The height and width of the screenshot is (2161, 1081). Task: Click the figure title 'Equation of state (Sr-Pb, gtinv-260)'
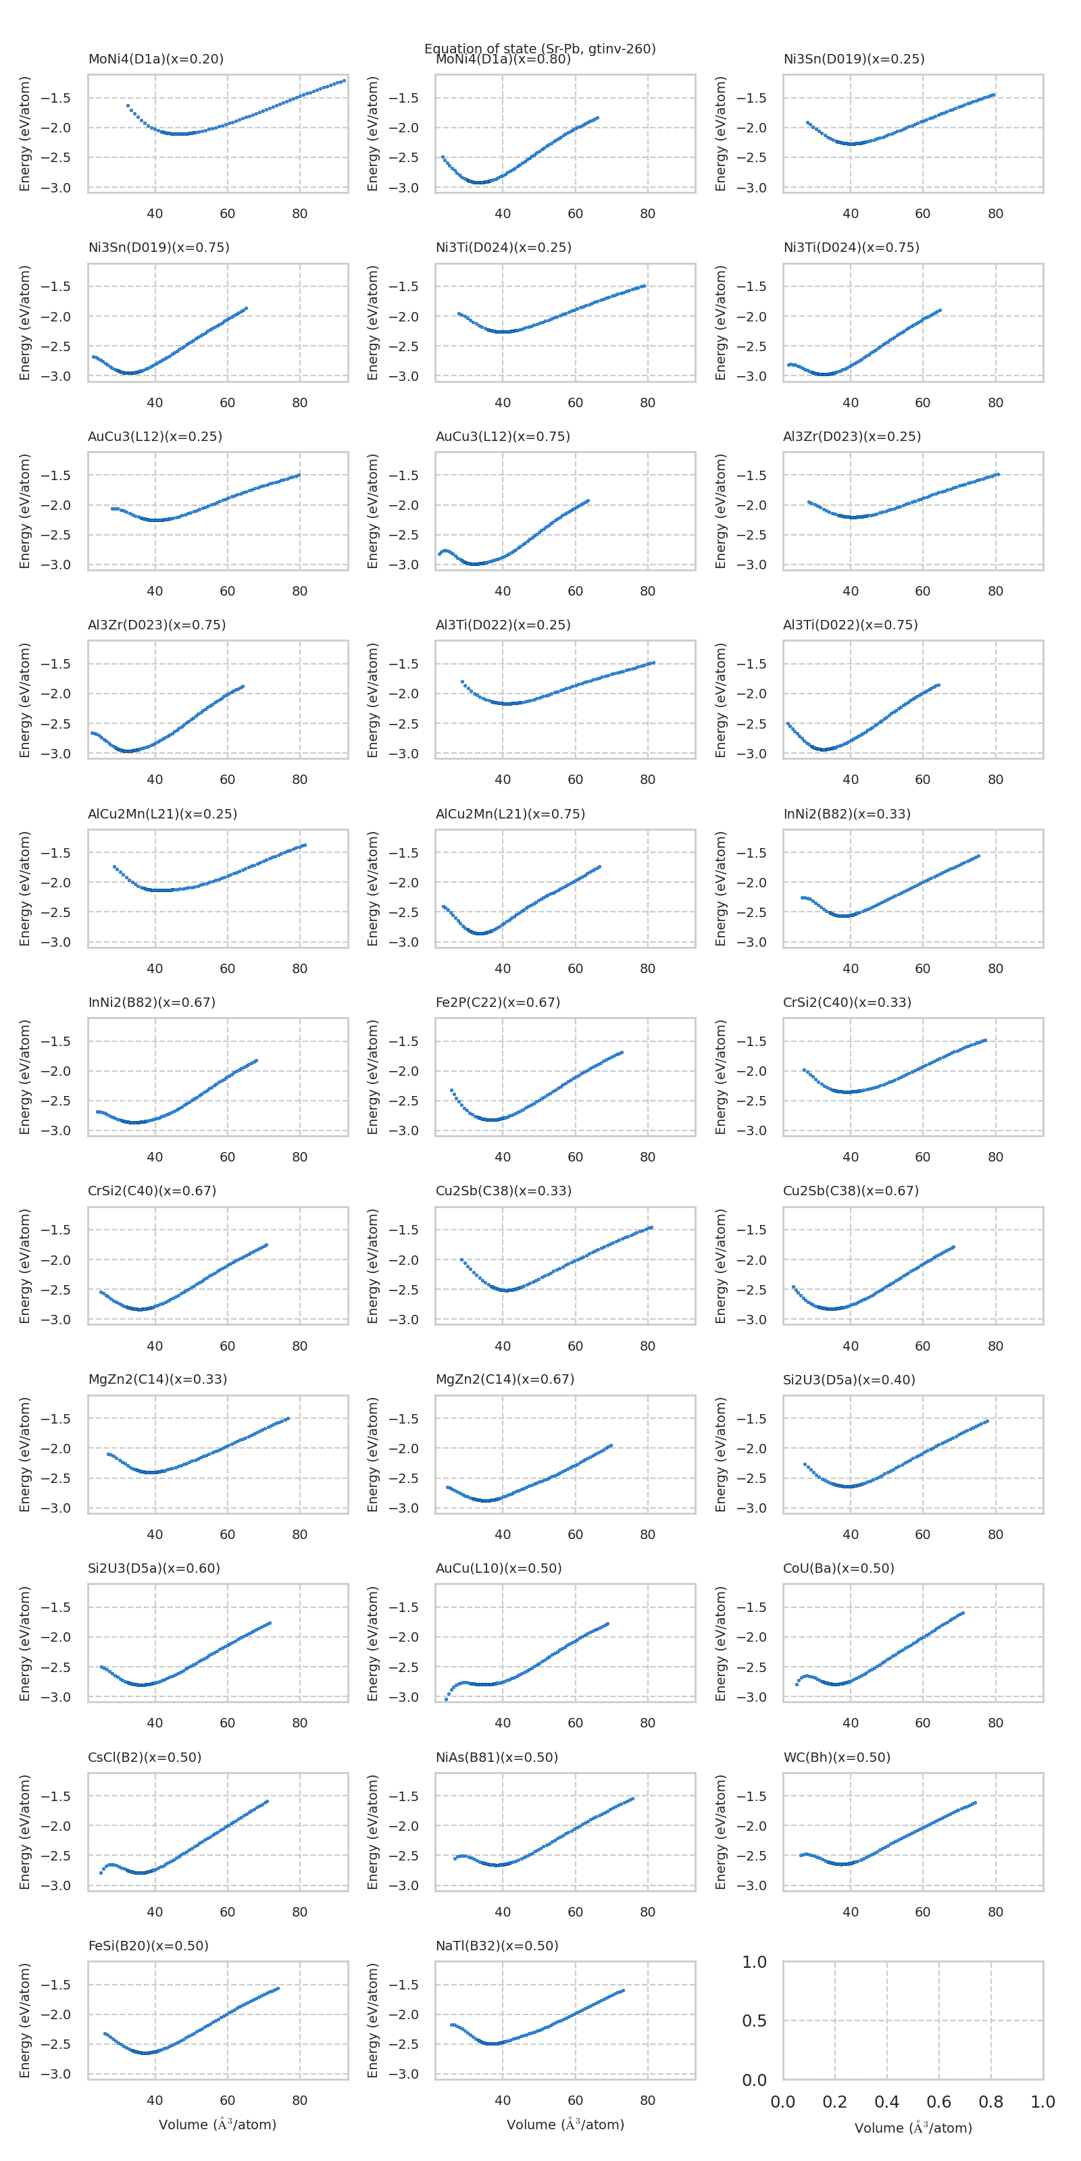540,48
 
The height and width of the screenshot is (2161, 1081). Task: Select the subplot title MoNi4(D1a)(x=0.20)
155,59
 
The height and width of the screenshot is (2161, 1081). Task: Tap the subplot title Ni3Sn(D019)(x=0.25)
853,59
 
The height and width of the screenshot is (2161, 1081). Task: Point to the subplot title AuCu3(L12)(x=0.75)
503,436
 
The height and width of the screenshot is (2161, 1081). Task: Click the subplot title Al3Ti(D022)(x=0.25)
503,624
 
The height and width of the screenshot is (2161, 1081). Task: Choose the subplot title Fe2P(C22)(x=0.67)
498,1001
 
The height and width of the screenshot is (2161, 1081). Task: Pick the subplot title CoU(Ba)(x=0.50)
838,1568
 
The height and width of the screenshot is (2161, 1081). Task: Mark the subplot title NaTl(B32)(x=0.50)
497,1946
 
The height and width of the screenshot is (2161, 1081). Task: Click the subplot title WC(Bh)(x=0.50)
837,1756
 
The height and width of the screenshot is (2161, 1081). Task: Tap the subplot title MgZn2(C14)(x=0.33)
158,1379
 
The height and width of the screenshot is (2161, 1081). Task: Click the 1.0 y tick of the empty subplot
754,1962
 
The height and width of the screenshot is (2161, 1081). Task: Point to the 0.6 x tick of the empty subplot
938,2102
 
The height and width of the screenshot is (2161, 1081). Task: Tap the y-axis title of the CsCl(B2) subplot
25,1831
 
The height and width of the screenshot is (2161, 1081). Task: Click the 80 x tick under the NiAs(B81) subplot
647,1912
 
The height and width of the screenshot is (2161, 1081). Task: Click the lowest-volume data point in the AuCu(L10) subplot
447,1700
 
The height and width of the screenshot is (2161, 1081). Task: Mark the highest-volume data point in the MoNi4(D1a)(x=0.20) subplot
344,80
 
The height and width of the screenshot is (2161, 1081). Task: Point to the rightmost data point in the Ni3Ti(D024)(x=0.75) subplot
939,311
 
